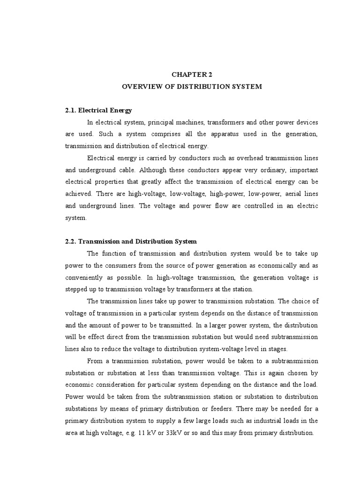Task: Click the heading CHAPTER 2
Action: (x=192, y=74)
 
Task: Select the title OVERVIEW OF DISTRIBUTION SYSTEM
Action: (x=192, y=87)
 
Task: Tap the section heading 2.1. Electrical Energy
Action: (x=98, y=111)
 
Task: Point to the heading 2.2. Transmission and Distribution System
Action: (x=131, y=241)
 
